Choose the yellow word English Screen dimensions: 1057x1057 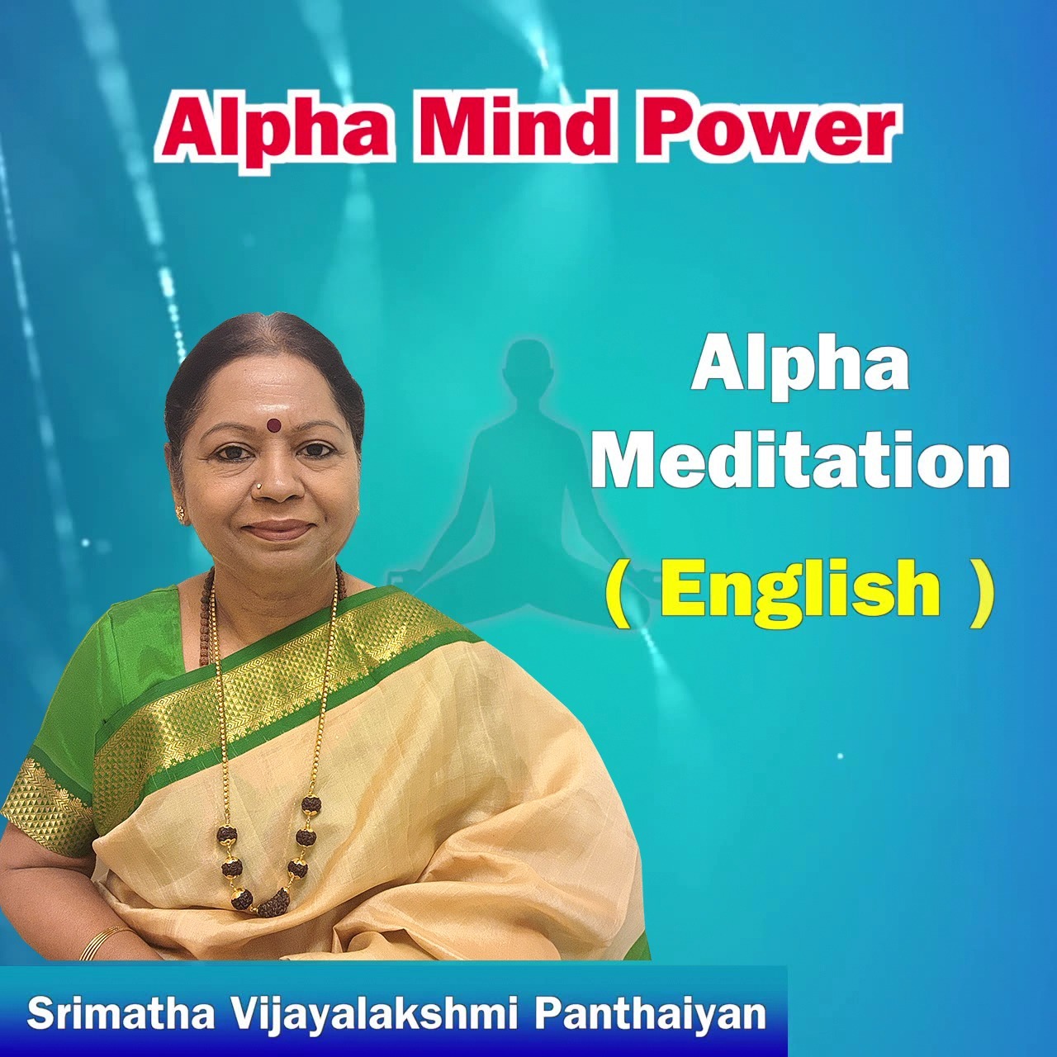pyautogui.click(x=799, y=587)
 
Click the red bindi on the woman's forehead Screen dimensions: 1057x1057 pyautogui.click(x=273, y=424)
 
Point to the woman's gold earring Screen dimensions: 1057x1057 pyautogui.click(x=181, y=513)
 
